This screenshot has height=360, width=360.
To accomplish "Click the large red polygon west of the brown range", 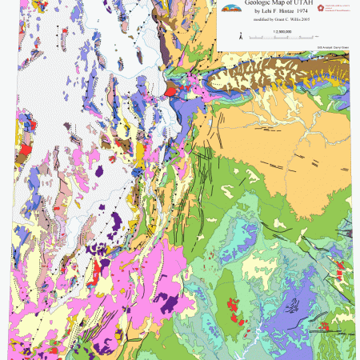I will click(x=170, y=91).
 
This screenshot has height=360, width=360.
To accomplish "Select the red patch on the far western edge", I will click(x=24, y=149).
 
